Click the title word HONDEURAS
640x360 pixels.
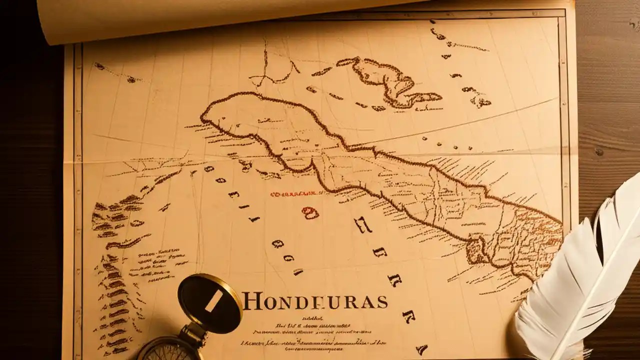[315, 301]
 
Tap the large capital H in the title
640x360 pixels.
[251, 301]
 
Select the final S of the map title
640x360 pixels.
[382, 302]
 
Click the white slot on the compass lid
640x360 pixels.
[213, 302]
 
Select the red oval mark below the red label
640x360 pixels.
[310, 213]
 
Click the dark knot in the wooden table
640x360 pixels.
[598, 151]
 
